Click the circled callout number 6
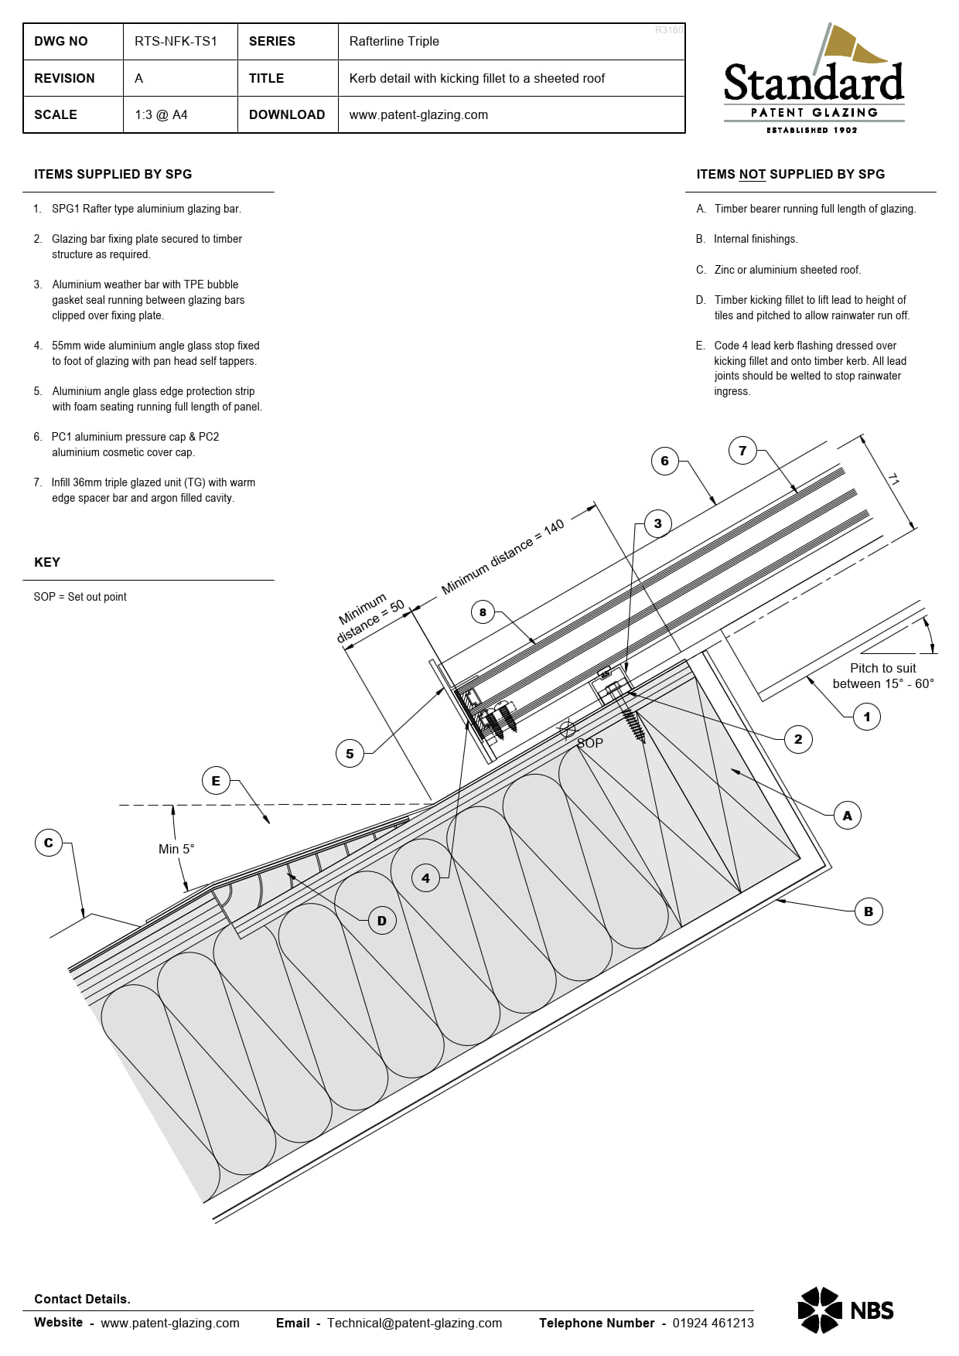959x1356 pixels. coord(664,461)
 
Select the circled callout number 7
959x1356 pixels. coord(742,451)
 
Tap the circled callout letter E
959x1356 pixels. coord(216,781)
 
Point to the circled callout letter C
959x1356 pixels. coord(49,843)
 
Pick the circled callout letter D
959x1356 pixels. coord(381,921)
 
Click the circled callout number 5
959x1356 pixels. coord(350,754)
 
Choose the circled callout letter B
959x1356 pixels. coord(869,911)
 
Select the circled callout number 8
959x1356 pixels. coord(483,612)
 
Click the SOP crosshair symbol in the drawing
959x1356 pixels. coord(567,729)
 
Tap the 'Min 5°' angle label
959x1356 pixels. coord(176,849)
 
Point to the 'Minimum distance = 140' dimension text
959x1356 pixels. coord(503,557)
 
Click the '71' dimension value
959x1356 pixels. coord(893,480)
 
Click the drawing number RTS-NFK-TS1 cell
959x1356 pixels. coord(176,41)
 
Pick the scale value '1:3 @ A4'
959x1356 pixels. coord(161,114)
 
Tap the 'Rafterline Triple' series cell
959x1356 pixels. coord(394,41)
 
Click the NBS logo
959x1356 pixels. coord(845,1310)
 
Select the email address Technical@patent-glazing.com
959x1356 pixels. coord(415,1323)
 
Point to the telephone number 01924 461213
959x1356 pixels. coord(712,1323)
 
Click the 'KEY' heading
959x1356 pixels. coord(47,562)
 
